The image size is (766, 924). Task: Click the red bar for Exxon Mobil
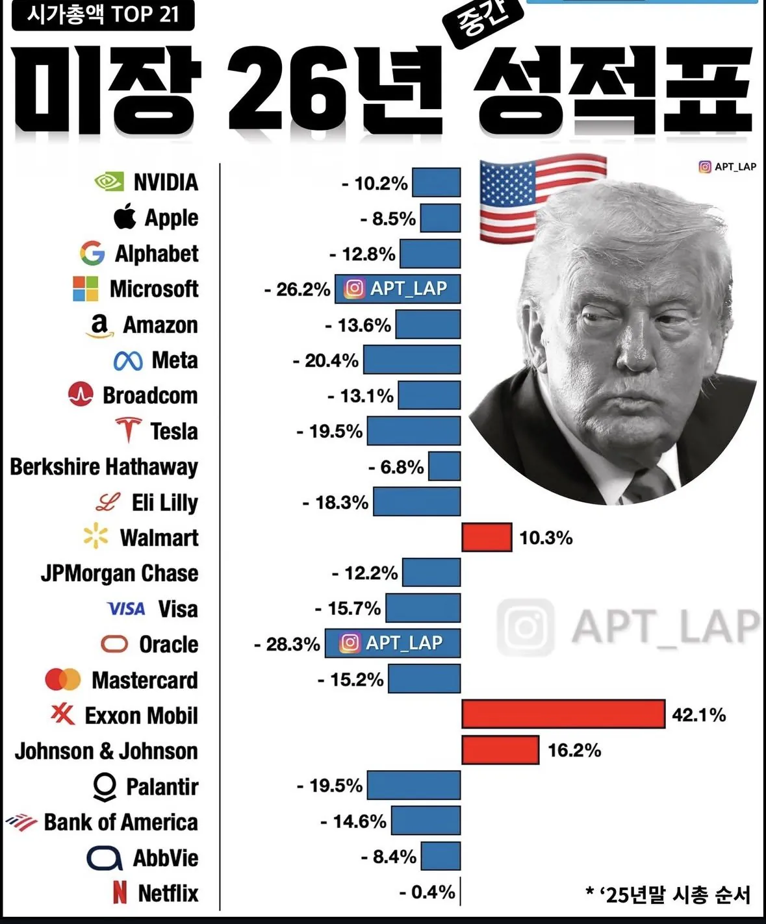pyautogui.click(x=563, y=714)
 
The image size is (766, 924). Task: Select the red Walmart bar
pyautogui.click(x=487, y=537)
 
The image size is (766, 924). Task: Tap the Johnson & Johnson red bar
pyautogui.click(x=500, y=750)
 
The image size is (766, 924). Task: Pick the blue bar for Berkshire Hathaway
pyautogui.click(x=444, y=466)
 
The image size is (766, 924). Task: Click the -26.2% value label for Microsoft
pyautogui.click(x=297, y=289)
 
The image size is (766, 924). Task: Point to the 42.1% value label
pyautogui.click(x=698, y=715)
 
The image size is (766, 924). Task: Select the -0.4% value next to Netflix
pyautogui.click(x=427, y=892)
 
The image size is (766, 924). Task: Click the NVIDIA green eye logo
pyautogui.click(x=109, y=182)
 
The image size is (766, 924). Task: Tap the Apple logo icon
pyautogui.click(x=125, y=217)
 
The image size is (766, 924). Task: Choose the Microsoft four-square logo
pyautogui.click(x=86, y=289)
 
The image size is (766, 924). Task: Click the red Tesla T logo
pyautogui.click(x=129, y=430)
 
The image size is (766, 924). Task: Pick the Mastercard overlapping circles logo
pyautogui.click(x=63, y=680)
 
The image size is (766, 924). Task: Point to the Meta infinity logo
pyautogui.click(x=128, y=360)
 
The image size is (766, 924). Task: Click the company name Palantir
pyautogui.click(x=162, y=786)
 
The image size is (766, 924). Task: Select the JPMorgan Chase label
pyautogui.click(x=120, y=573)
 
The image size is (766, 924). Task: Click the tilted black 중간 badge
pyautogui.click(x=482, y=23)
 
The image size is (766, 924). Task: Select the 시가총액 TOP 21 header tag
pyautogui.click(x=103, y=14)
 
